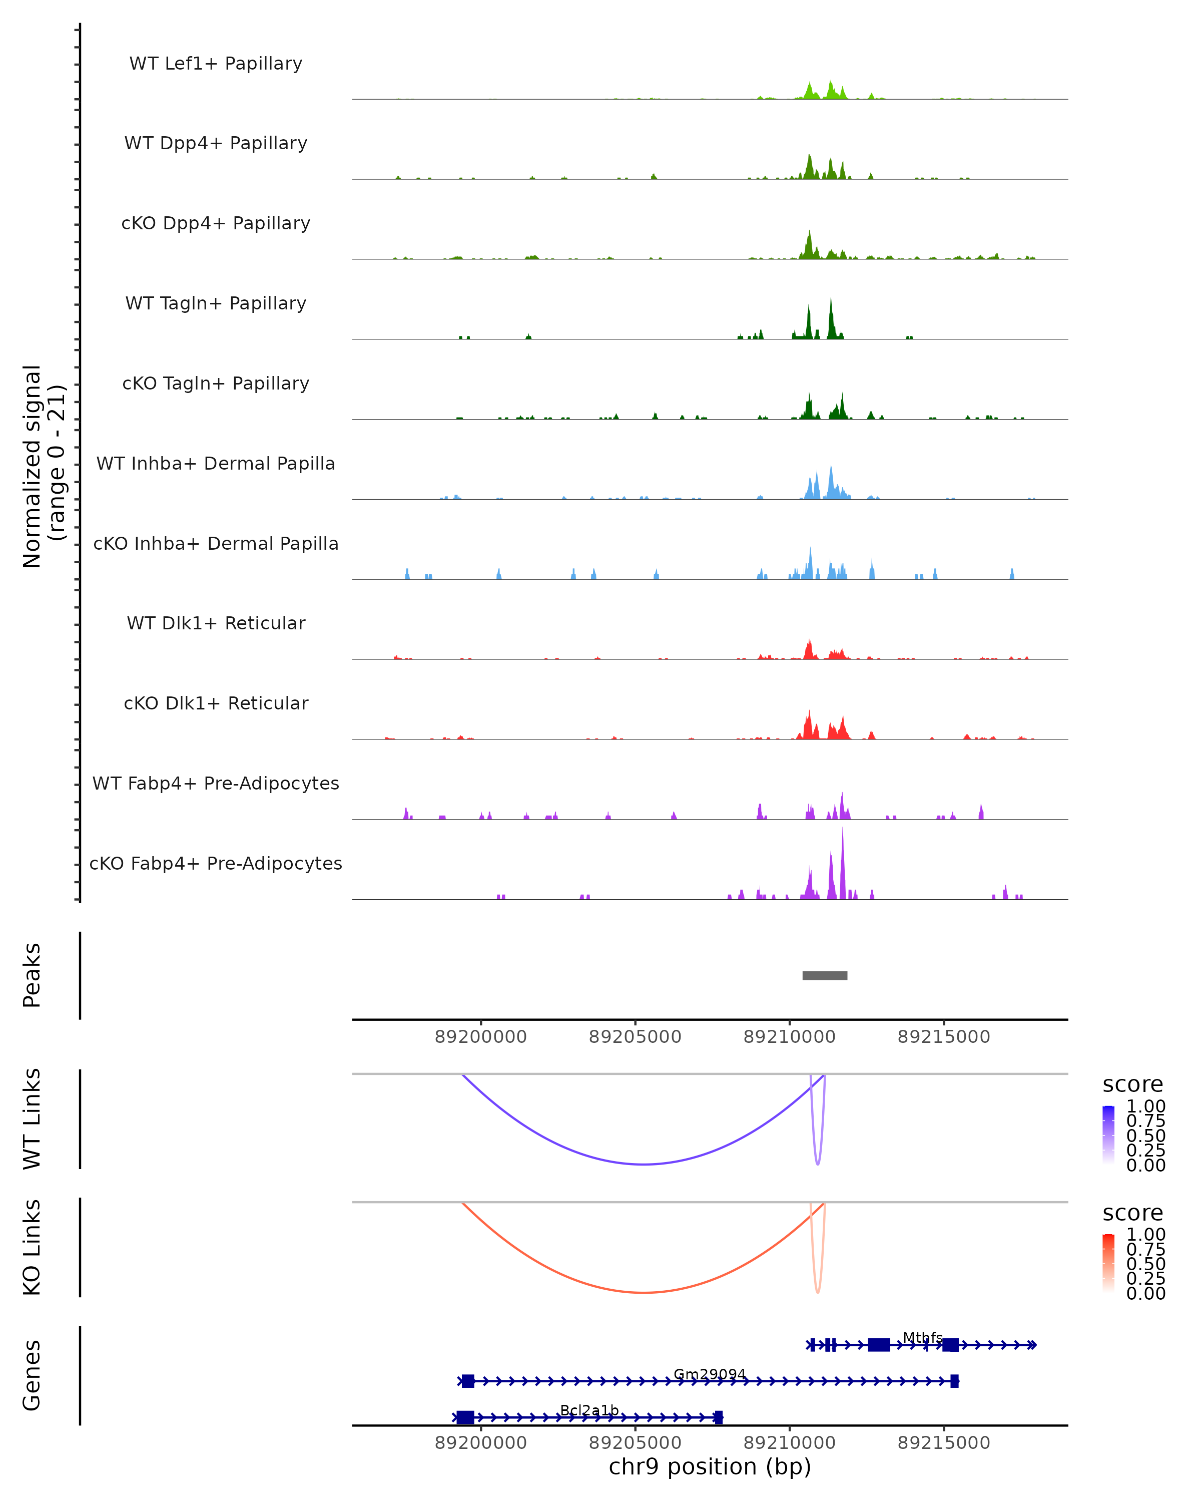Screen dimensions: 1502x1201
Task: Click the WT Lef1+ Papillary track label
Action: [x=216, y=64]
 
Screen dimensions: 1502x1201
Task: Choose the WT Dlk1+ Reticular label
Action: [x=216, y=623]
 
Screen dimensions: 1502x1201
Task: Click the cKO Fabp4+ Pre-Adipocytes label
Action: [x=216, y=863]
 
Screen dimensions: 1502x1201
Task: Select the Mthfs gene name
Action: [x=922, y=1338]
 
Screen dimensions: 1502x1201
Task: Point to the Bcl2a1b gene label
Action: [x=589, y=1411]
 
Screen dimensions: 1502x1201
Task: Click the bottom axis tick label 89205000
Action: [x=635, y=1443]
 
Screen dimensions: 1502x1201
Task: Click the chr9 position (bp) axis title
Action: [x=710, y=1467]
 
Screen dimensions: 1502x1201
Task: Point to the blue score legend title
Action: [x=1133, y=1085]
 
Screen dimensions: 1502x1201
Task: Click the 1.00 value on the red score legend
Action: [x=1145, y=1235]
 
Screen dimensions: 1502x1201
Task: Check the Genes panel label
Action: [x=32, y=1375]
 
